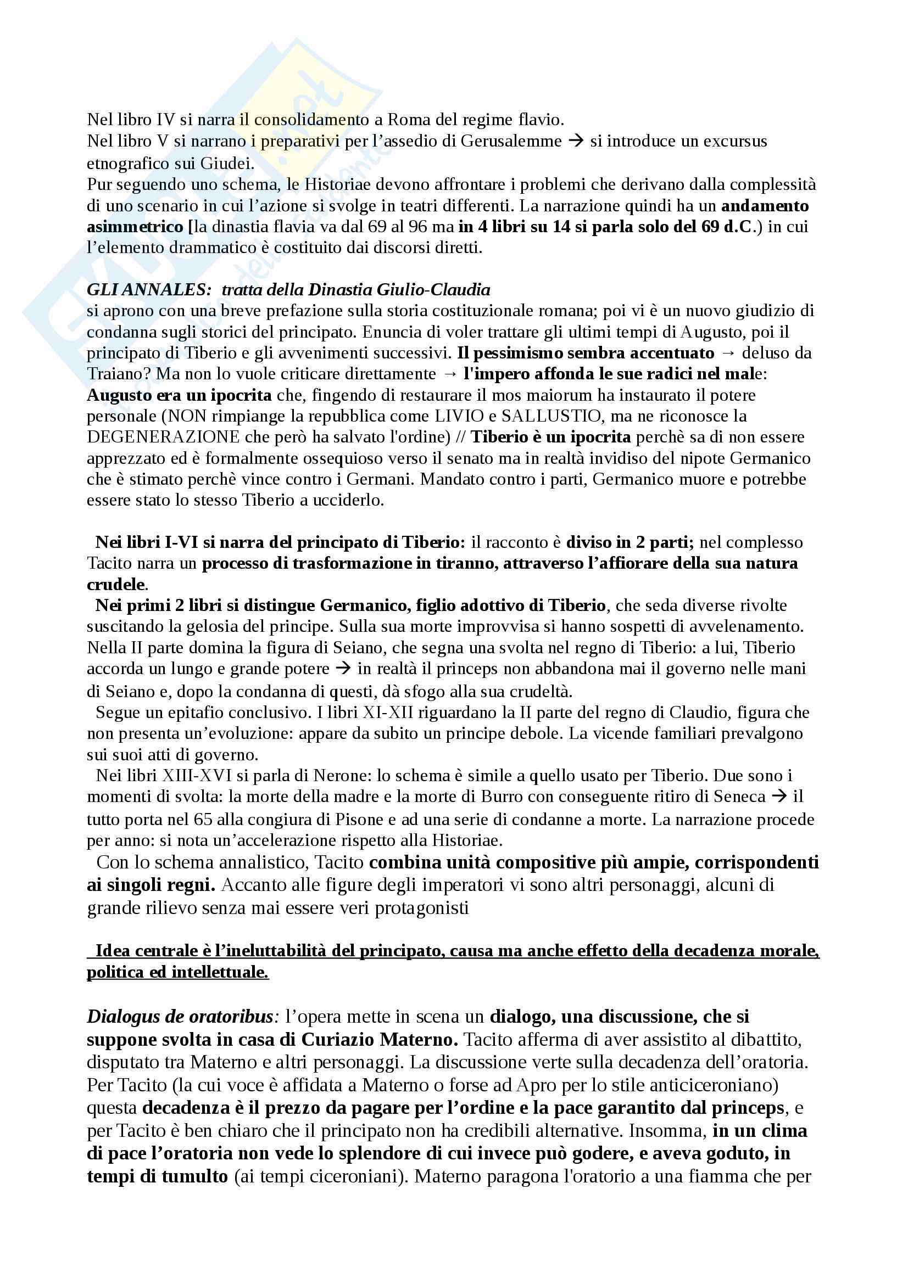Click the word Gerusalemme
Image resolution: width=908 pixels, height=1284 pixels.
pos(511,141)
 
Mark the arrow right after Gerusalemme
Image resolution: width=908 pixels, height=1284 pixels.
pos(576,141)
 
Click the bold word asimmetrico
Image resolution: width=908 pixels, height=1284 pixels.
pos(135,227)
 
